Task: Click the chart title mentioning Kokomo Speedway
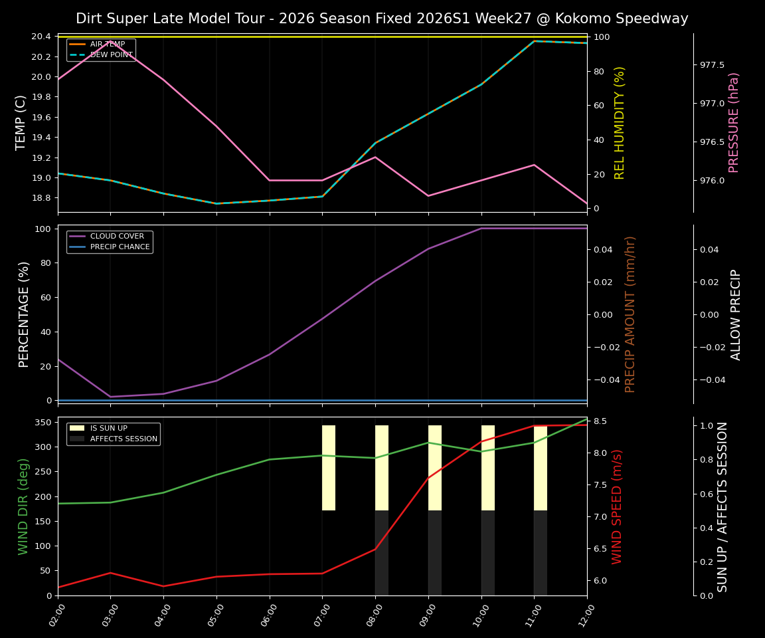(x=382, y=19)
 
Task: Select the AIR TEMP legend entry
(x=107, y=45)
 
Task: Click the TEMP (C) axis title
(x=21, y=122)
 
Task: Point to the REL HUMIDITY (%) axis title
(x=620, y=122)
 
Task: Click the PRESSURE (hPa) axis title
(x=734, y=122)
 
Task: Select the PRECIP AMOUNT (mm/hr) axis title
(x=631, y=314)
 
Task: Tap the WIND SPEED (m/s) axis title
(x=618, y=506)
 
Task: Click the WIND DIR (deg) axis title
(x=24, y=506)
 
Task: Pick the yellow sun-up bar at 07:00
(x=329, y=468)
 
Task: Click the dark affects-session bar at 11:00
(x=541, y=553)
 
